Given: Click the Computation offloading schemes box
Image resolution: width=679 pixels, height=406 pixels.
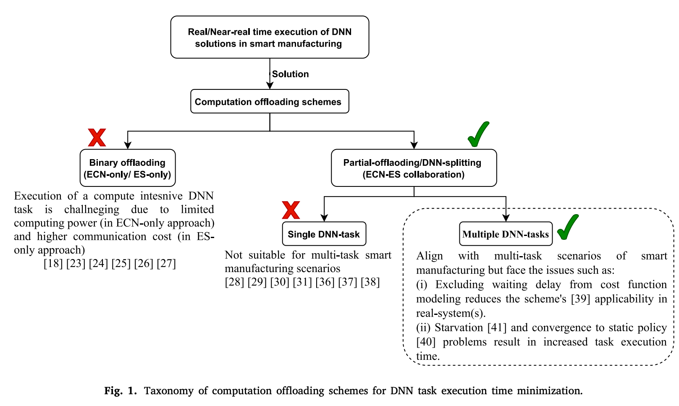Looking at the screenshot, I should [270, 102].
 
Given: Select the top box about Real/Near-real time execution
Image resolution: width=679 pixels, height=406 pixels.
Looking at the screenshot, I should [270, 37].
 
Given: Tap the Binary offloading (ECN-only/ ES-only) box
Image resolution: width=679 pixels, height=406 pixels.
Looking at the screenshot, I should [128, 168].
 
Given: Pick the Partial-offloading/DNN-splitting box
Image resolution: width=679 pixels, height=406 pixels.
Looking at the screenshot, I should [414, 168].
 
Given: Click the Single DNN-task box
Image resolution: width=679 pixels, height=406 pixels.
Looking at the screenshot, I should [324, 234].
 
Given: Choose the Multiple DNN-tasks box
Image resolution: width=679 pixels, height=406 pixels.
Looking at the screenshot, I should [506, 234].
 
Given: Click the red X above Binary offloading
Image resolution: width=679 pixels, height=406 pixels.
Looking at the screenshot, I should [97, 138].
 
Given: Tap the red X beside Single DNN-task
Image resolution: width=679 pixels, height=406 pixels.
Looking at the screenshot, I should [291, 210].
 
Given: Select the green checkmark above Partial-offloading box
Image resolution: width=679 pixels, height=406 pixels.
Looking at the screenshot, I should [479, 134].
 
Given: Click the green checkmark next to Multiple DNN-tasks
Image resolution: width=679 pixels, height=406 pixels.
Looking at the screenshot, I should [568, 227].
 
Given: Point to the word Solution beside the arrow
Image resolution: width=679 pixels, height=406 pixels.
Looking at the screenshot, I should [290, 74].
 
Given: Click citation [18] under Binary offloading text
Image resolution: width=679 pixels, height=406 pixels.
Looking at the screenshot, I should [53, 264].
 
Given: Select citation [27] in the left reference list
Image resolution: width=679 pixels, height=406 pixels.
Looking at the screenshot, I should [166, 264].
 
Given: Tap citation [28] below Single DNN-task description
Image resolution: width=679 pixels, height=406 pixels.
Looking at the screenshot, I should [234, 282].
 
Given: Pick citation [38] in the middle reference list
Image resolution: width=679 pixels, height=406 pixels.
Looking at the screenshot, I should [370, 282].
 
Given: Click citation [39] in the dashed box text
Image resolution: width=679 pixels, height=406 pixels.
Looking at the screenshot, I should [581, 299].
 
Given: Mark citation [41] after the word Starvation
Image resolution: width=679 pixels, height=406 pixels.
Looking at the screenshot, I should [497, 327].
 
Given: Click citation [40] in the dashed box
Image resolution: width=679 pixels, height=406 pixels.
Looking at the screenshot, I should [426, 342].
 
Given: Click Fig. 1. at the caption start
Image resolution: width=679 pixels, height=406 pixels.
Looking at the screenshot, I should [121, 391].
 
